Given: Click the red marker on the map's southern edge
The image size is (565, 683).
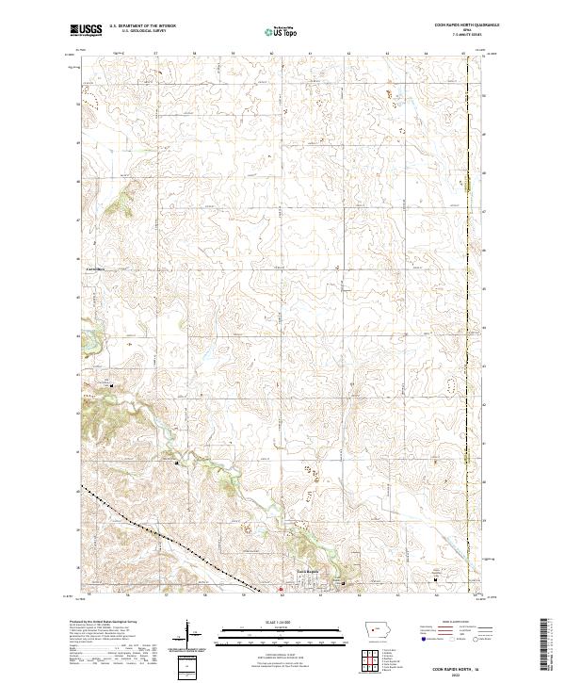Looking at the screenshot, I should coord(280,591).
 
